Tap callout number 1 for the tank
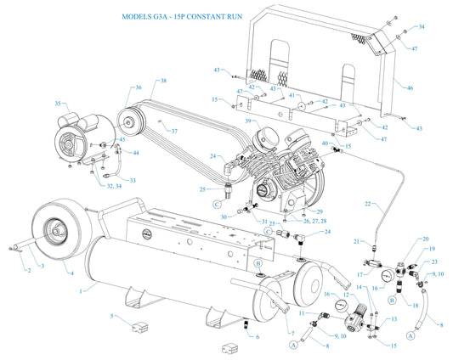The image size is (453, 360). [x=81, y=291]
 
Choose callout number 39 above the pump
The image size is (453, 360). [x=248, y=121]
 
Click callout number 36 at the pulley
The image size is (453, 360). [x=137, y=87]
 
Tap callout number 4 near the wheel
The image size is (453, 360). [x=71, y=273]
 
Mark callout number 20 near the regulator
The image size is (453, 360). [x=426, y=239]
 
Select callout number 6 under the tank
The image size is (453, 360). [x=258, y=337]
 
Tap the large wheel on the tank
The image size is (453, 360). [x=59, y=230]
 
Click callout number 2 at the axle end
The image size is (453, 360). [x=29, y=271]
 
